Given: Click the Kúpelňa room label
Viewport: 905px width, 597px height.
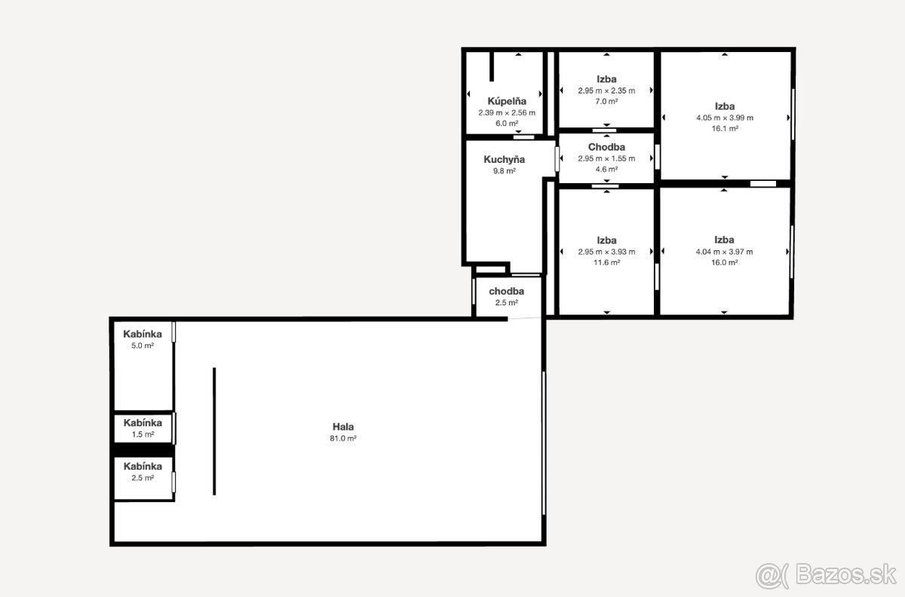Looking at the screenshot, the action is coord(507,101).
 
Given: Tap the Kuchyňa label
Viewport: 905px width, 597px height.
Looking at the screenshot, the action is coord(505,160).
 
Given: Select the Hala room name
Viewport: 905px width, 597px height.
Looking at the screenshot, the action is coord(343,427).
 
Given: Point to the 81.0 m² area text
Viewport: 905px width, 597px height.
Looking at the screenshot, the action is coord(343,438).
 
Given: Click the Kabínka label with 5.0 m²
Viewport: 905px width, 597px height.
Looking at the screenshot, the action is coord(143,334).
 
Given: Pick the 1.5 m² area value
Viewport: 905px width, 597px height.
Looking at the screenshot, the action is coord(143,435).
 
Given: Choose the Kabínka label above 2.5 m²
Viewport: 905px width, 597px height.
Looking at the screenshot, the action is coord(143,466).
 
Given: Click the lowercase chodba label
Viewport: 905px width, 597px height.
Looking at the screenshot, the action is coord(507,291).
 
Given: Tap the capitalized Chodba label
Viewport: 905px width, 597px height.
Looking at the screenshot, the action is coord(606,147).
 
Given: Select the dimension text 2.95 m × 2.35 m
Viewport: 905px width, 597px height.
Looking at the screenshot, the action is coord(606,91).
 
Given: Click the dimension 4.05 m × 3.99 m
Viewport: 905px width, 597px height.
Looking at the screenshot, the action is coord(725,118).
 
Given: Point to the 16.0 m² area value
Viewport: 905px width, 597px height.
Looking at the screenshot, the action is coord(725,262).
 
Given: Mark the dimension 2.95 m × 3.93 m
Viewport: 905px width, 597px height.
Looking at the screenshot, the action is coord(606,252).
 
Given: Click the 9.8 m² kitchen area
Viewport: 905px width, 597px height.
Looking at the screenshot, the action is coord(505,171).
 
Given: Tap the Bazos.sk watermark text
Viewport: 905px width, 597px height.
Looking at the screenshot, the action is coord(845,574).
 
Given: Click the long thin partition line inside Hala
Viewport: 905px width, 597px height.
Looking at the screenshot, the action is coord(214,431).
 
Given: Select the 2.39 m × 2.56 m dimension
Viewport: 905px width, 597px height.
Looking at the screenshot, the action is coord(507,113).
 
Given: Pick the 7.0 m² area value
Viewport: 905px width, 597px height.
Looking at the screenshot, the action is coord(606,102).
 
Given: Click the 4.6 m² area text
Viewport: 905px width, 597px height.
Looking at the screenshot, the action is coord(606,170).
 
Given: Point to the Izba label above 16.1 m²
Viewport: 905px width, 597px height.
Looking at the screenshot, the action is coord(725,106).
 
